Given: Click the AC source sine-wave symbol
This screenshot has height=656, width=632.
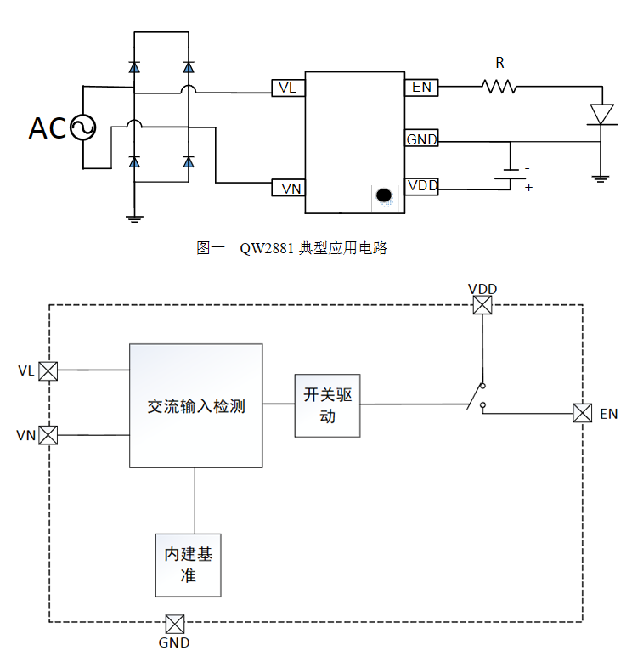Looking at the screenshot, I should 82,127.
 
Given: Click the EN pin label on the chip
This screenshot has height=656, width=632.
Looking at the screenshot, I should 420,87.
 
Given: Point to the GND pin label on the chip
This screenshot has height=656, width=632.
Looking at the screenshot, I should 420,139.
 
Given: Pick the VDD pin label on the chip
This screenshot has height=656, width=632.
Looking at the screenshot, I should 420,186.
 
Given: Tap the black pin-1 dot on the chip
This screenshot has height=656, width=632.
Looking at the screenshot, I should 384,195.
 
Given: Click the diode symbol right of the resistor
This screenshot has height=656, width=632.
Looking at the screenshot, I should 601,113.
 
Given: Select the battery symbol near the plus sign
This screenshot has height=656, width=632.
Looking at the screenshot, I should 511,174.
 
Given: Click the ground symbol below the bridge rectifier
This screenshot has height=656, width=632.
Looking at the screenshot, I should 133,218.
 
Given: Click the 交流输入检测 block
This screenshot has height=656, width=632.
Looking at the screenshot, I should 195,405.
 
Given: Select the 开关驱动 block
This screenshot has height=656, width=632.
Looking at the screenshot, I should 327,405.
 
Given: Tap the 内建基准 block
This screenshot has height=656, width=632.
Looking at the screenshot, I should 189,565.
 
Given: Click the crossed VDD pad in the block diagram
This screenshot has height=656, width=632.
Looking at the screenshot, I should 482,306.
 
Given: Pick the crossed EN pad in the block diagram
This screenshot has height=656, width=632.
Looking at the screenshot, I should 582,413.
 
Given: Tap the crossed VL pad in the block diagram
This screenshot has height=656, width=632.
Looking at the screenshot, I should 48,371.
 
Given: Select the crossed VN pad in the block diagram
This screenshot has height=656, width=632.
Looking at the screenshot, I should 48,435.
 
